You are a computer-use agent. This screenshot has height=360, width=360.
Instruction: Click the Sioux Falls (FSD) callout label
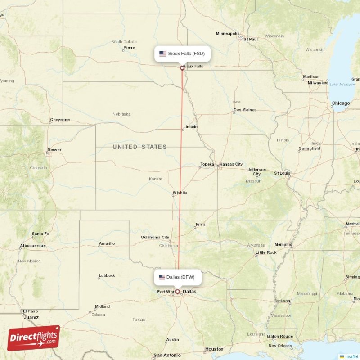pos(182,54)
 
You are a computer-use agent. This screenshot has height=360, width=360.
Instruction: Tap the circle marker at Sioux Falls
pos(182,68)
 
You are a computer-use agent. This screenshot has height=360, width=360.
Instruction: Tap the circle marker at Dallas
pos(177,292)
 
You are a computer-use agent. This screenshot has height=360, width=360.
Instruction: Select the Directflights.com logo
pos(33,338)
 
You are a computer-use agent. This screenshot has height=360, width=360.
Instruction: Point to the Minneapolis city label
pos(228,34)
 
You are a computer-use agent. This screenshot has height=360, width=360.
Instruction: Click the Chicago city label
pos(341,103)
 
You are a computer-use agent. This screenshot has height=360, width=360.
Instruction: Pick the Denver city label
pos(54,150)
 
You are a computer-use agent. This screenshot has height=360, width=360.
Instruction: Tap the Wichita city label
pos(180,193)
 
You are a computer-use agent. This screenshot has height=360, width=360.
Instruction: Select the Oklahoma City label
pos(155,237)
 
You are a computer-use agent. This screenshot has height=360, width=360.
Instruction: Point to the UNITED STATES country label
pos(139,147)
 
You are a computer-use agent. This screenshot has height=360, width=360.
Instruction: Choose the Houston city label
pos(214,349)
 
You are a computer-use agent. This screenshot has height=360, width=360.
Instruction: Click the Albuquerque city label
pos(33,246)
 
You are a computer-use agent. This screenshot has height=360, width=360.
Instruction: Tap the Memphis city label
pos(283,244)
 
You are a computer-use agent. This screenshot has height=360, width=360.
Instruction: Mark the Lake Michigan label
pos(342,85)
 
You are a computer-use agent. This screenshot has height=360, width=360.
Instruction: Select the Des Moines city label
pos(245,110)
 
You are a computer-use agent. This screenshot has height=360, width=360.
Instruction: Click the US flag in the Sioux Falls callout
pos(163,54)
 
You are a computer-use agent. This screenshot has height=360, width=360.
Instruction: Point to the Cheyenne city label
pos(60,120)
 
